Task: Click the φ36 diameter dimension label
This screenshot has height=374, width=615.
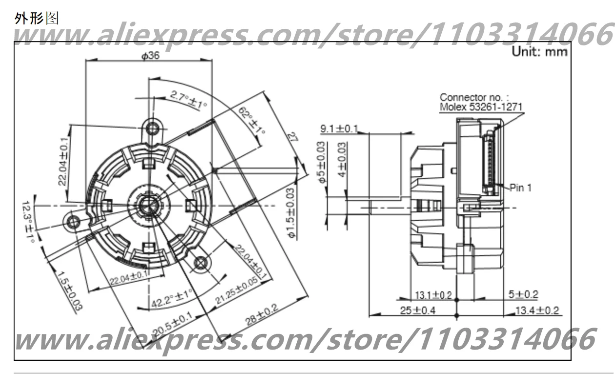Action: pos(150,56)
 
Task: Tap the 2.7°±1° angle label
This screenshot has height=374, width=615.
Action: pos(188,100)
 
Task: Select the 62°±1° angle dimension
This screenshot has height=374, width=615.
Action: pos(251,120)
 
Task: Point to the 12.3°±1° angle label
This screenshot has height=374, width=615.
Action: pos(28,222)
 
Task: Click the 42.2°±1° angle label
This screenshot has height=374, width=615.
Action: pos(172,299)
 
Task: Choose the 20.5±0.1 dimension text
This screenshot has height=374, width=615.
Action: pos(173,324)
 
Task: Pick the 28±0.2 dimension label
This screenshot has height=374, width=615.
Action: pos(262,315)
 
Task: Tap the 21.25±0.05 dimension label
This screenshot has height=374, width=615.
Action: pos(237,291)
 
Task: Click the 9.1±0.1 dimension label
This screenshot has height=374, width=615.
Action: pos(339,128)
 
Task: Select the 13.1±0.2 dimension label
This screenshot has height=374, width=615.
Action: pos(433,295)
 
